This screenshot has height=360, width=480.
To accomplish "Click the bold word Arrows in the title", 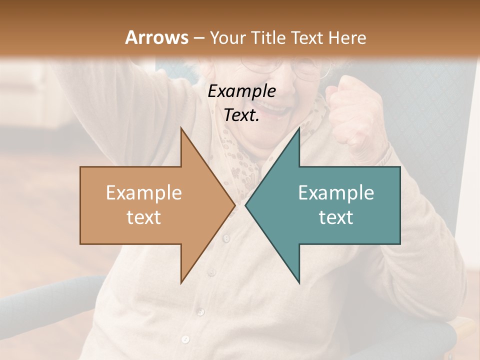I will coord(156,37).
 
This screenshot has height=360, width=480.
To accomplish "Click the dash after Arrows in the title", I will coord(199,38).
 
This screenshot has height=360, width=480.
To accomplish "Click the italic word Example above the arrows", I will coord(241,91).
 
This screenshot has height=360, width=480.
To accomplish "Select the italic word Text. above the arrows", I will coord(241,115).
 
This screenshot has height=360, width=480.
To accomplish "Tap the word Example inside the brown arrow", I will coord(143,192).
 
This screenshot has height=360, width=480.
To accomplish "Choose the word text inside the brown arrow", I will coord(143,217).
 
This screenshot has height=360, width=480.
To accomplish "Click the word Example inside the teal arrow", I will coord(336,192).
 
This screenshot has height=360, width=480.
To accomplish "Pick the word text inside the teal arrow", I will coord(336,217).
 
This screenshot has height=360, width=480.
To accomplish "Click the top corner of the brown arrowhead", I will coord(181,128).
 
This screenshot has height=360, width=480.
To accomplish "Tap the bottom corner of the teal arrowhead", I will coord(299,282).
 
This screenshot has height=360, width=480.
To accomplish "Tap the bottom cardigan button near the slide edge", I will coord(185,339).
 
